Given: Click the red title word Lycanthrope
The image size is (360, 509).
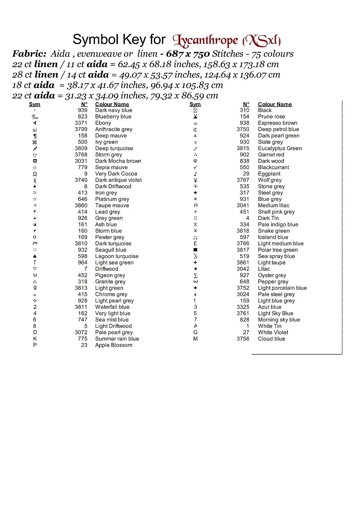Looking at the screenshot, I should tap(205, 41).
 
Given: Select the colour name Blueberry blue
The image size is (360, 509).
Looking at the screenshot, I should tap(113, 117).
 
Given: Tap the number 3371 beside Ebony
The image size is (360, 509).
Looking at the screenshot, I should tap(81, 123).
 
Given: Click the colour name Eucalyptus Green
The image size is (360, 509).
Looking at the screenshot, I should tap(280, 148).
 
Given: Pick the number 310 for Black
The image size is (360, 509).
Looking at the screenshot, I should tap(244, 110).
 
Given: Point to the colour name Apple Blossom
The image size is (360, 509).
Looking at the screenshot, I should tap(113, 345).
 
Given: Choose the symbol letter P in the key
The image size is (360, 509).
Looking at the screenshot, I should tap(35, 345).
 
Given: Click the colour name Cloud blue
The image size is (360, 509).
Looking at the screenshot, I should tap(271, 339).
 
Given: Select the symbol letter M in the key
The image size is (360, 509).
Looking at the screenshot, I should tap(195, 339).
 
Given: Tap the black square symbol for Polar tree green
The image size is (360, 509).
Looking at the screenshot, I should tap(195, 250).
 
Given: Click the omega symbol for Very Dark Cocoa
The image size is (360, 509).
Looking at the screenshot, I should tap(35, 174).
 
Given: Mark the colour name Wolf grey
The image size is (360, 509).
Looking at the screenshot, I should tap(270, 180).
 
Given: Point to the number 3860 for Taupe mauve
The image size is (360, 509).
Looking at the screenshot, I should tap(81, 205).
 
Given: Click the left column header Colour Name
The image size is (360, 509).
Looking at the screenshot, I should tap(112, 104).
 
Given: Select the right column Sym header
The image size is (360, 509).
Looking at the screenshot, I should tap(195, 104).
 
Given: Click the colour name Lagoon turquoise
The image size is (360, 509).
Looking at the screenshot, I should tap(117, 256).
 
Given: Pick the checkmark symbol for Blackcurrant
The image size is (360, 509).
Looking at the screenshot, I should tap(195, 167).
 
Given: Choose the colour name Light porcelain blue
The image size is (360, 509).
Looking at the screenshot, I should tap(282, 288).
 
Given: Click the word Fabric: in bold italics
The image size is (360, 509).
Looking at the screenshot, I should tap(29, 54).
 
